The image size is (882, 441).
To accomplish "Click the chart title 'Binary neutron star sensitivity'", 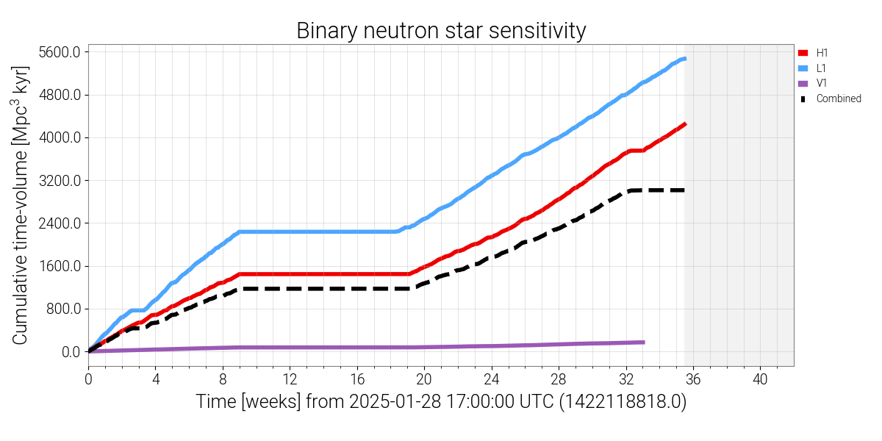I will tap(441, 31).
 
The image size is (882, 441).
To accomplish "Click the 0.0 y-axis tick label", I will tap(71, 351).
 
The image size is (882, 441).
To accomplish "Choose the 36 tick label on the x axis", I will tap(693, 380).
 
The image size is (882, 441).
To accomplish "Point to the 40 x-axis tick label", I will tap(761, 380).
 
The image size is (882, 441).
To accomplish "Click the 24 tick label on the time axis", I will tap(492, 380).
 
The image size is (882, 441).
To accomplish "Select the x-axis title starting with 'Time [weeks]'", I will tap(441, 403).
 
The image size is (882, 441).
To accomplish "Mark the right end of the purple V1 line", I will tap(644, 342).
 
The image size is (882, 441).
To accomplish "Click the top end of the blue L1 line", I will tap(684, 58).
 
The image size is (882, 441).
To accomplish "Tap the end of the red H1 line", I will tap(684, 124).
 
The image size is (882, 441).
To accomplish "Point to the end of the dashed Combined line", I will tap(684, 190).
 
